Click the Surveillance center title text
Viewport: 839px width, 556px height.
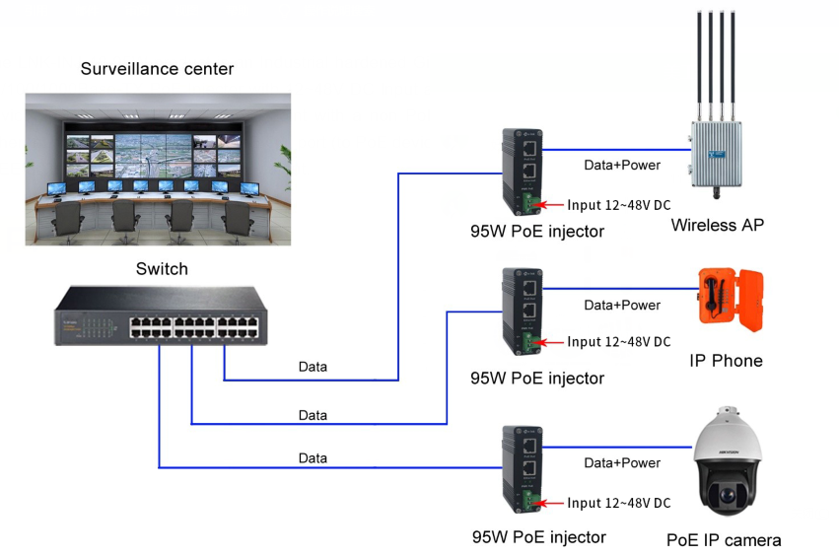tap(158, 69)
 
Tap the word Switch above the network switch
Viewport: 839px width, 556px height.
tap(162, 269)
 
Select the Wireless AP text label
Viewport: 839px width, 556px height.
tap(717, 225)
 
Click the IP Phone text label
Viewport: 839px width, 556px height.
tap(725, 361)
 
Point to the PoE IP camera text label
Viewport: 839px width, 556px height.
tap(724, 540)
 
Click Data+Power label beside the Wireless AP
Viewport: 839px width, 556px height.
tap(622, 165)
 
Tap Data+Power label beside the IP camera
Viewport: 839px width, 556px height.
tap(622, 462)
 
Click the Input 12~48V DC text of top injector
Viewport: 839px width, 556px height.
tap(618, 205)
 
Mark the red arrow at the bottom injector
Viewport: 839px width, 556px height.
tap(550, 503)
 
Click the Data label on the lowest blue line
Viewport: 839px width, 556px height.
tap(313, 457)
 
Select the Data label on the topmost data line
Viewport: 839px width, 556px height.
tap(313, 367)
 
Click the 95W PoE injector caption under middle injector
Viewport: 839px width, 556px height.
tap(537, 378)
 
